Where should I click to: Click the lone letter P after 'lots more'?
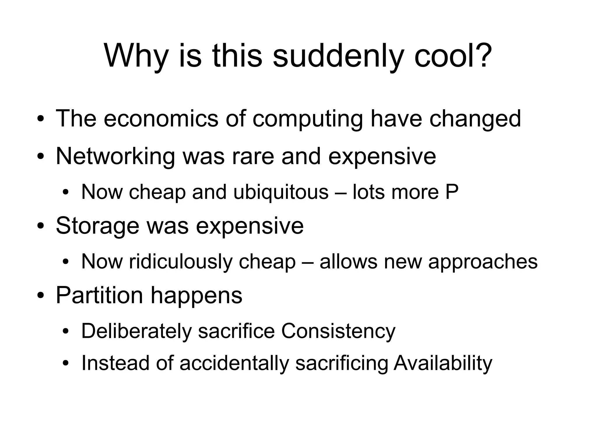point(452,192)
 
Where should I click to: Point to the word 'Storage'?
point(97,225)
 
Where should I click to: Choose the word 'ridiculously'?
point(181,261)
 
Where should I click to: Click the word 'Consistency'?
point(338,331)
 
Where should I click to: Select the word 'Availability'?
point(443,363)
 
